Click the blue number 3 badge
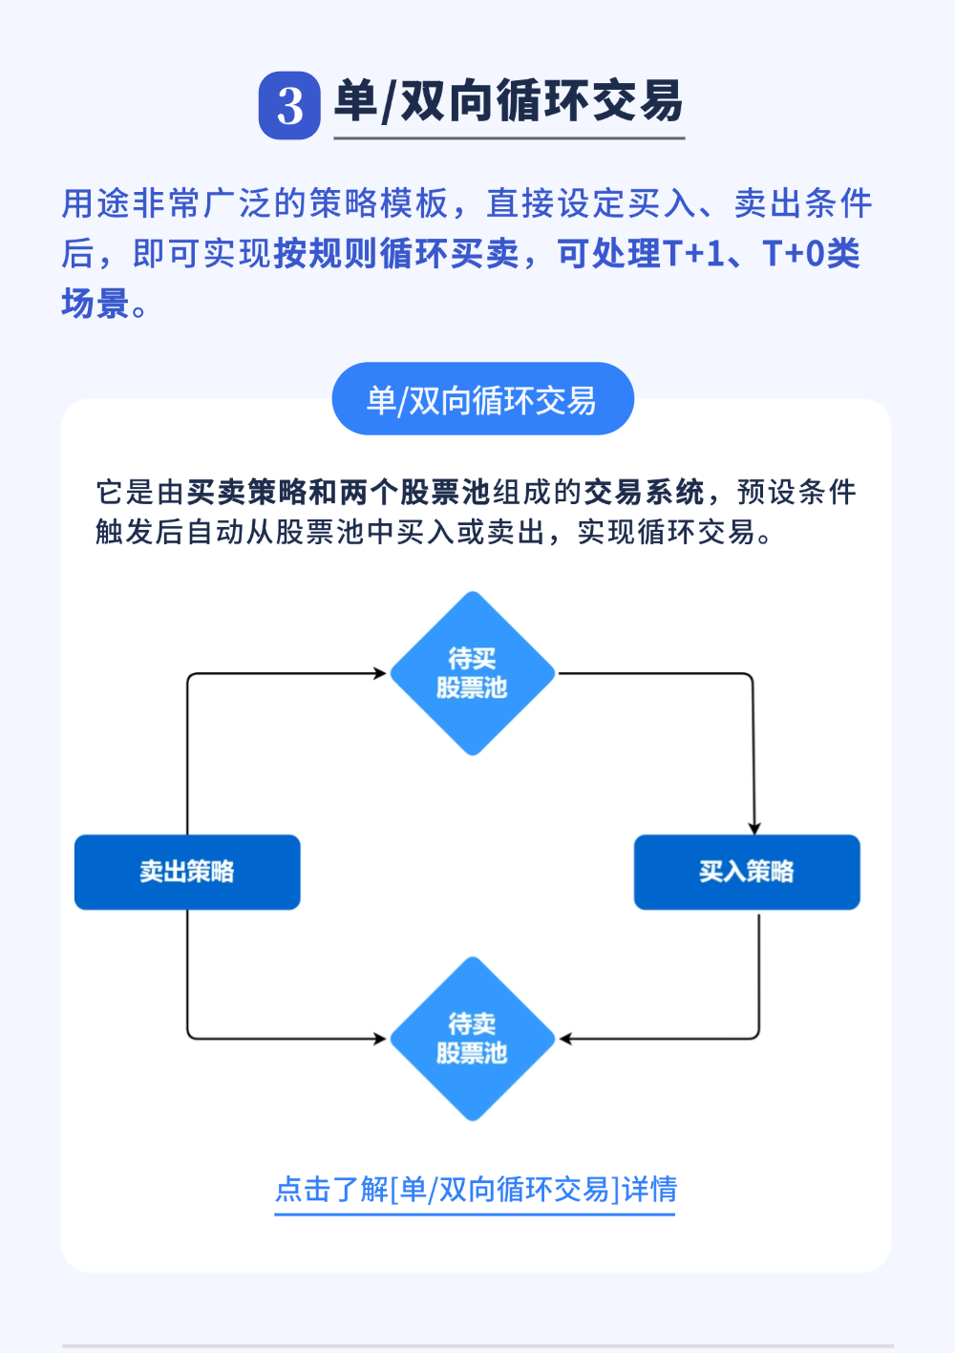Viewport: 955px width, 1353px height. pyautogui.click(x=289, y=105)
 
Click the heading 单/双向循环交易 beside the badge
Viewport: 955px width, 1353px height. pyautogui.click(x=508, y=101)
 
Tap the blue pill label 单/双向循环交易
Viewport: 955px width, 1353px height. pyautogui.click(x=482, y=399)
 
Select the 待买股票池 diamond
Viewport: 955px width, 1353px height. pyautogui.click(x=472, y=673)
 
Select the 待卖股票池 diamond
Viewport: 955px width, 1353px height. pyautogui.click(x=472, y=1039)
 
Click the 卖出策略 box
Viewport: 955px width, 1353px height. pyautogui.click(x=187, y=872)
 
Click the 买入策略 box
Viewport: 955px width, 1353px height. pyautogui.click(x=747, y=872)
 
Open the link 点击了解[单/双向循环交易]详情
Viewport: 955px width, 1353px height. pyautogui.click(x=476, y=1190)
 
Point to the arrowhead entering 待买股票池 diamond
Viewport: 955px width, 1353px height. pyautogui.click(x=380, y=673)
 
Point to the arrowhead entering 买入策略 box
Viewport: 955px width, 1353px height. pyautogui.click(x=754, y=828)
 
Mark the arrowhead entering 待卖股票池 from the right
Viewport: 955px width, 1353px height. pyautogui.click(x=565, y=1039)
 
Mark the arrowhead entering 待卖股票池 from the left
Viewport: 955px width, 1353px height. pyautogui.click(x=380, y=1039)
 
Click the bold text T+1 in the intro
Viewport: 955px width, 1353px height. pyautogui.click(x=694, y=254)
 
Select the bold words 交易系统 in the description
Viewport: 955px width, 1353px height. pyautogui.click(x=644, y=493)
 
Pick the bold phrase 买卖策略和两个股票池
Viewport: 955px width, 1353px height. pyautogui.click(x=338, y=493)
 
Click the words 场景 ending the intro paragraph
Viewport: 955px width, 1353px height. pyautogui.click(x=95, y=304)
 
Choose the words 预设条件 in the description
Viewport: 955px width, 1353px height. pyautogui.click(x=796, y=493)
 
